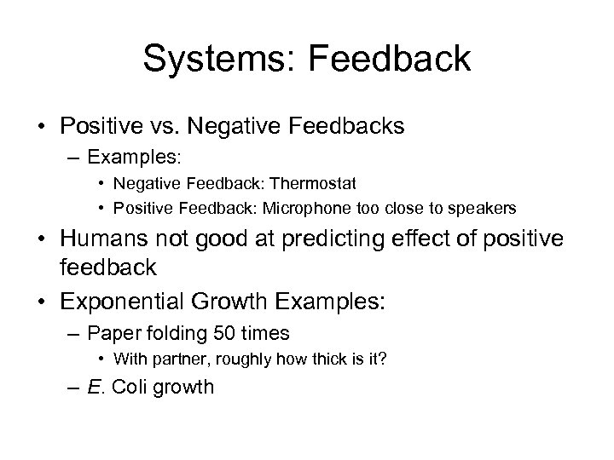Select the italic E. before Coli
click(x=96, y=388)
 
